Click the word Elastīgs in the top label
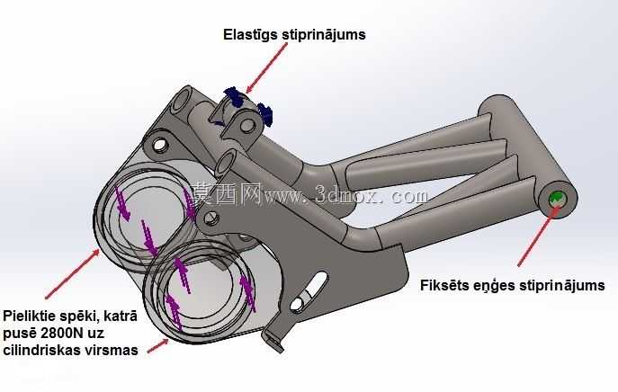(250, 35)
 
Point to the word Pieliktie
(29, 316)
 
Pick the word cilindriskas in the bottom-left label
(38, 350)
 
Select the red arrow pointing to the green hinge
(539, 236)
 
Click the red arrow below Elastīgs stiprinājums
(267, 67)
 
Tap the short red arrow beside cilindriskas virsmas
(158, 346)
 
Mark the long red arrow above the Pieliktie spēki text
(72, 274)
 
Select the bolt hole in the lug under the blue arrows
(246, 126)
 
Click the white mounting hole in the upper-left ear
(160, 145)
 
